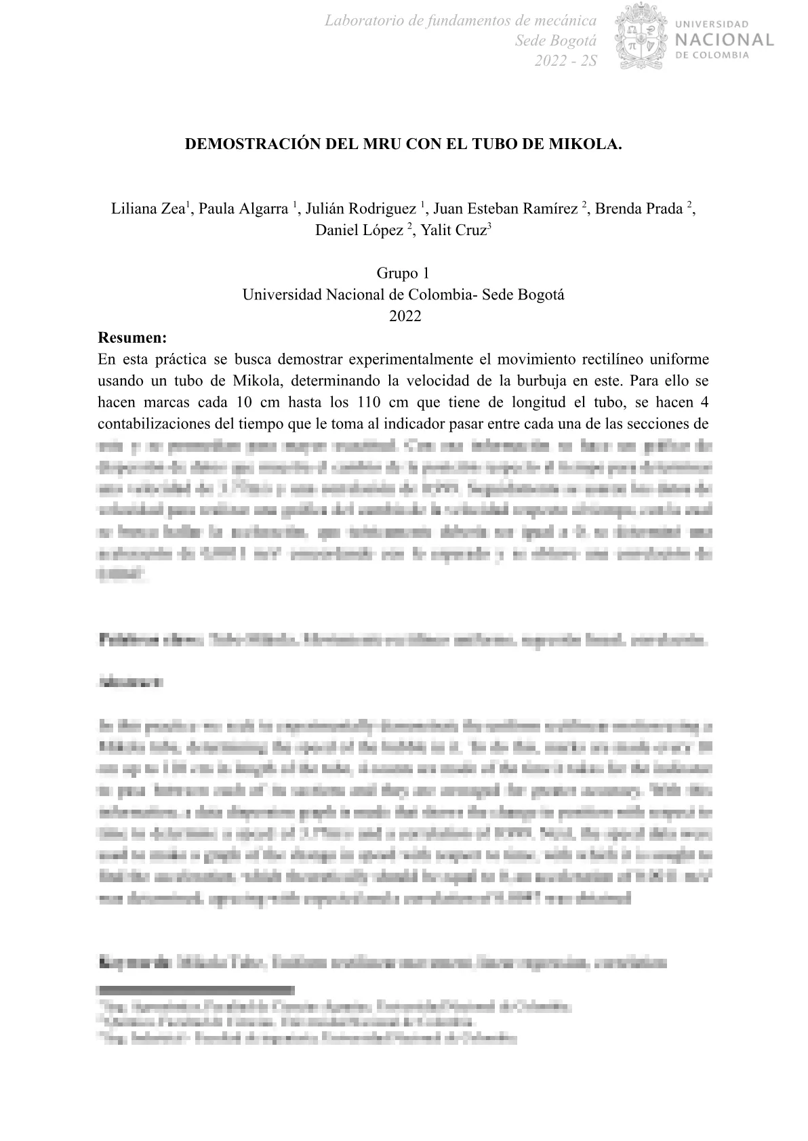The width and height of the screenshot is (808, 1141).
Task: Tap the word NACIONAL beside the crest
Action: tap(725, 39)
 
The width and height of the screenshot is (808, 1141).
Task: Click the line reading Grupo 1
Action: tap(403, 274)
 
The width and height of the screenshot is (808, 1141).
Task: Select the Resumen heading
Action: tap(132, 337)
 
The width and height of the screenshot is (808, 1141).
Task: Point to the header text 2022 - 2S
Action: tap(566, 61)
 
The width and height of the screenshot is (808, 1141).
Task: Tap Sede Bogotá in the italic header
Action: tap(556, 41)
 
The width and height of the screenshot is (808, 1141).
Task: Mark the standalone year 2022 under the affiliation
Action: tap(405, 316)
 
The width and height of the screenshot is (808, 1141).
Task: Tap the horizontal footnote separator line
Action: tap(197, 990)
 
